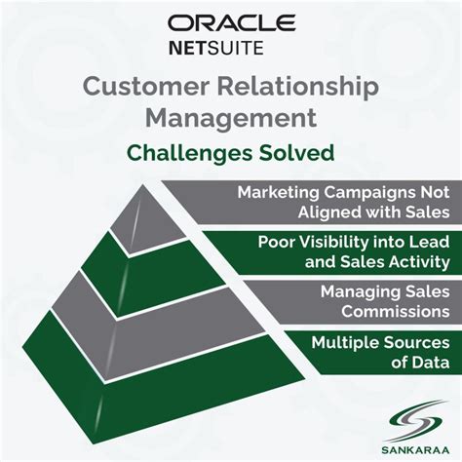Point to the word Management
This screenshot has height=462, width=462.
point(231,118)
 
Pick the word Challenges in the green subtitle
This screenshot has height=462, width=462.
point(195,152)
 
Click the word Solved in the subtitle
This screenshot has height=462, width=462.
point(302,152)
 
